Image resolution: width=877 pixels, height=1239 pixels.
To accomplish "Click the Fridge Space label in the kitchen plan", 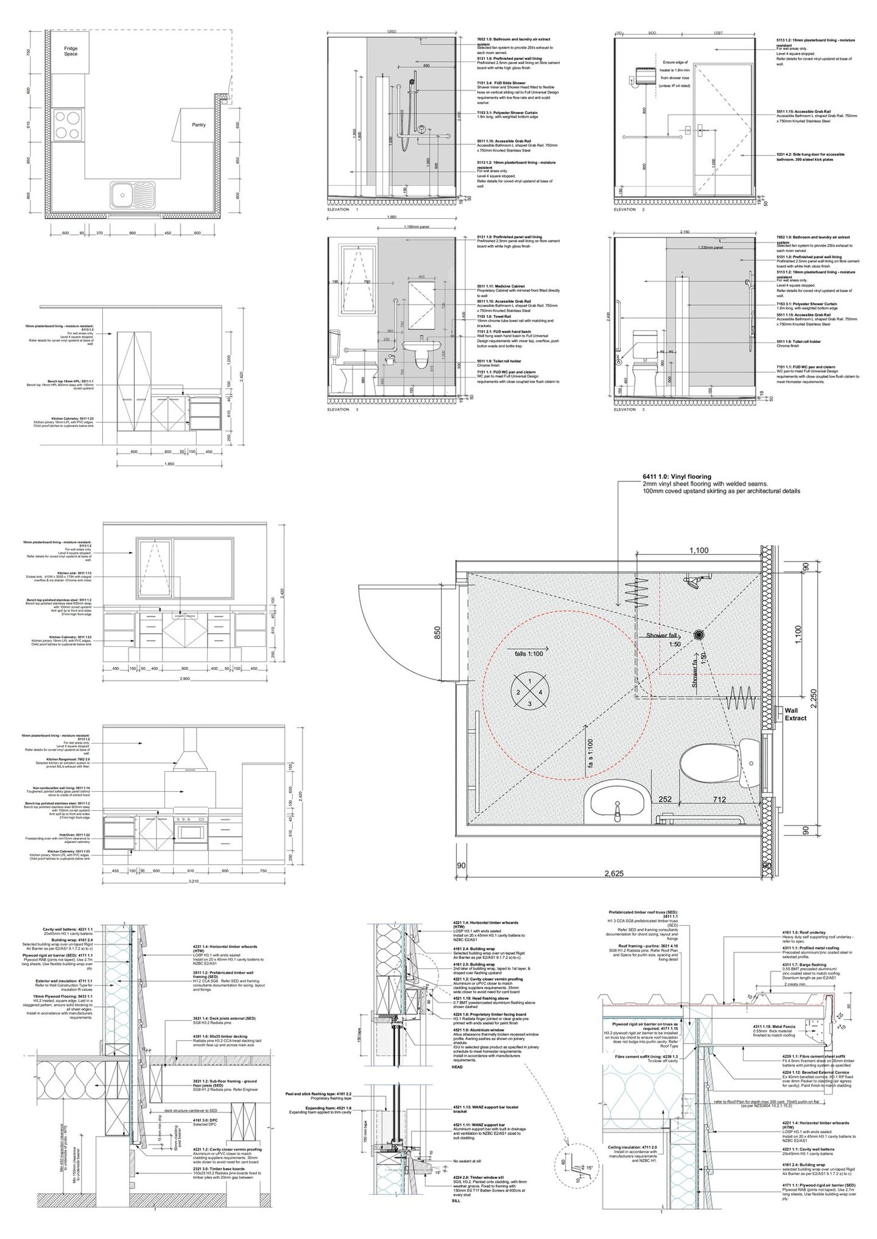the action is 71,51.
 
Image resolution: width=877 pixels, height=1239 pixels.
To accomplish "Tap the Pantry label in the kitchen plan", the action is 199,125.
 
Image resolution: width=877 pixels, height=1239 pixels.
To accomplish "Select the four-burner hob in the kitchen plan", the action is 68,125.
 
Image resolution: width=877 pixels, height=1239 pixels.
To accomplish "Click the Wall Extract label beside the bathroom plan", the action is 795,714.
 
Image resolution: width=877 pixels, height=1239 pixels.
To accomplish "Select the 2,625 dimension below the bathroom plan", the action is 614,874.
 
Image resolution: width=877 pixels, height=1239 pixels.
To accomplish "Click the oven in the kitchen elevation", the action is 191,831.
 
